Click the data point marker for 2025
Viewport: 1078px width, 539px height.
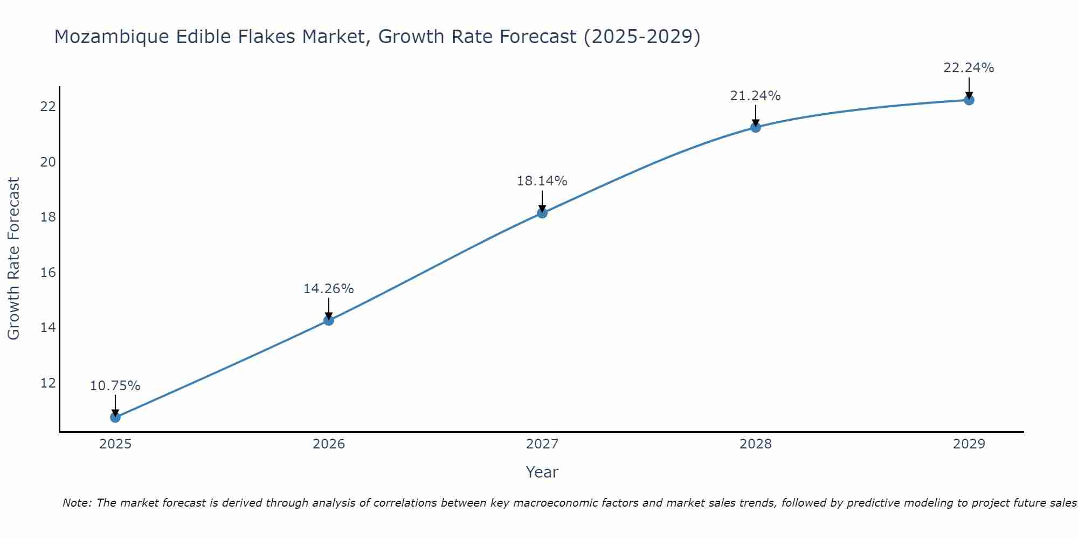[x=115, y=417]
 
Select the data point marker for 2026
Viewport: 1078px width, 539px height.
[x=329, y=320]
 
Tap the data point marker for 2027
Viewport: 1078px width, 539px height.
[x=542, y=213]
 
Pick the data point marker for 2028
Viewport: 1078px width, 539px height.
[x=756, y=127]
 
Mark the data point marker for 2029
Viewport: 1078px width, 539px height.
[x=969, y=100]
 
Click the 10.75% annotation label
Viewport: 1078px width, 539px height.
[x=115, y=386]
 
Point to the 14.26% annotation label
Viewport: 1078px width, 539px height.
[x=328, y=289]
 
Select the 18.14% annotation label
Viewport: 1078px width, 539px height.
[x=542, y=181]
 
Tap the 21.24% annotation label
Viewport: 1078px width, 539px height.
[x=755, y=96]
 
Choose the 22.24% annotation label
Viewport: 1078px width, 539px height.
[x=969, y=68]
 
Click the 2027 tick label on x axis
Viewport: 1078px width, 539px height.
[x=542, y=444]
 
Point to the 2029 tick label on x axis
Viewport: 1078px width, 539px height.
[x=969, y=444]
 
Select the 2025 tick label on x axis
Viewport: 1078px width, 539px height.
[x=115, y=444]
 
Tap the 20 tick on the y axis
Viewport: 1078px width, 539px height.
[x=48, y=162]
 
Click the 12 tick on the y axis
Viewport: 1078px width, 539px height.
[x=48, y=383]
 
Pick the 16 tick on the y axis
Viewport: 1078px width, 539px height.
[x=48, y=272]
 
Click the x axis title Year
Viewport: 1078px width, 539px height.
[x=542, y=472]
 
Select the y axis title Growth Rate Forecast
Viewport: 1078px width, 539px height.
[x=13, y=259]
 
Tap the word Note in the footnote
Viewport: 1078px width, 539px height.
[x=77, y=503]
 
